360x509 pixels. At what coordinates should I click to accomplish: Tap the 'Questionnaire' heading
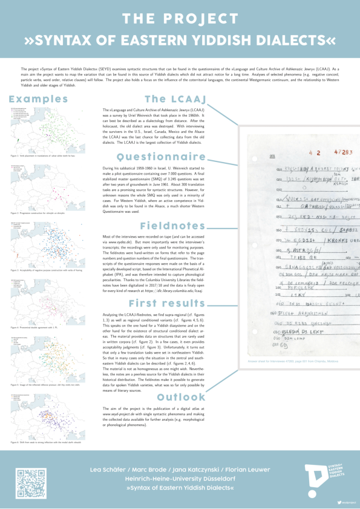[x=176, y=157]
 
